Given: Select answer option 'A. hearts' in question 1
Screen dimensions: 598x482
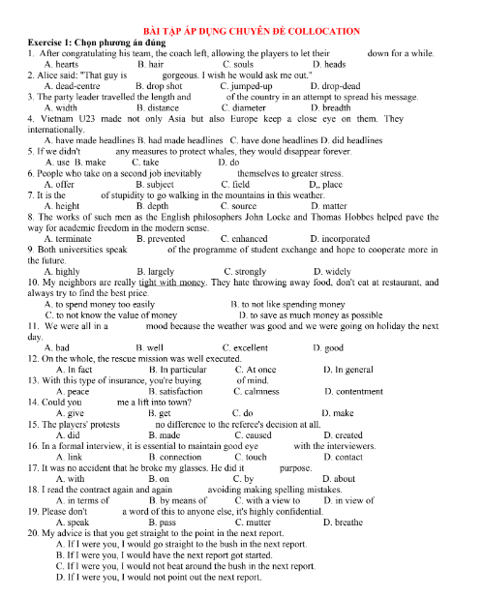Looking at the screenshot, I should [65, 64].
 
